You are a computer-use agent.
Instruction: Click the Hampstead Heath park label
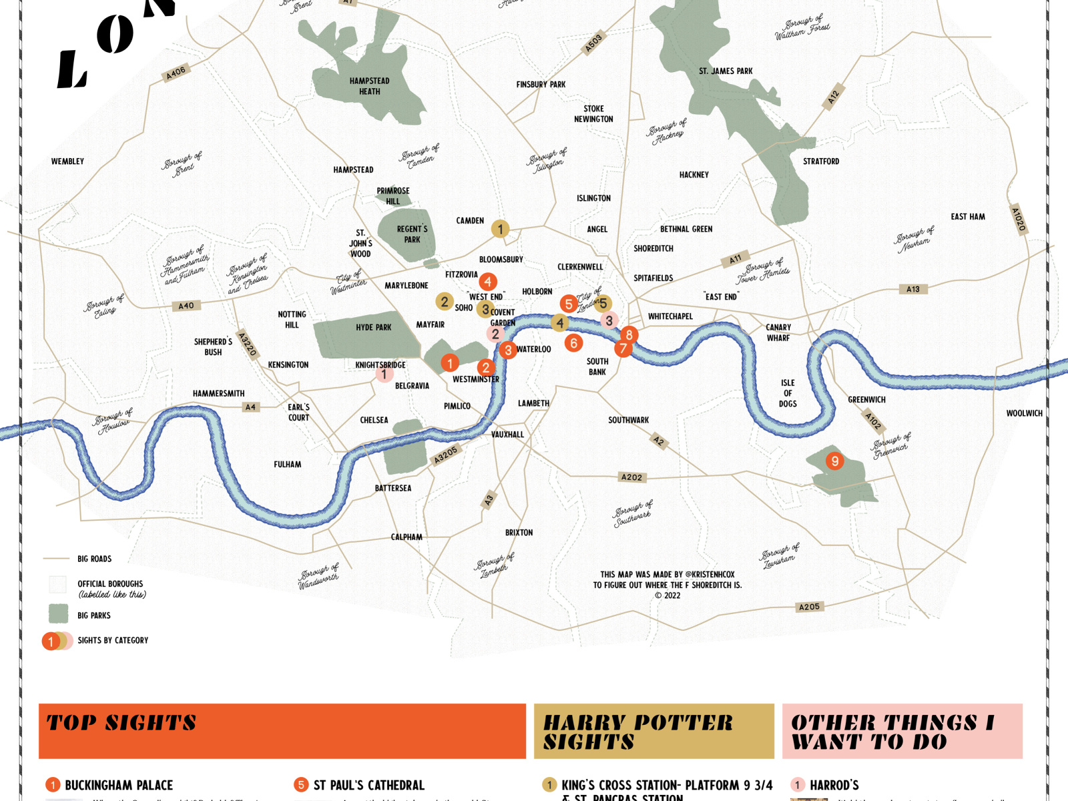(369, 86)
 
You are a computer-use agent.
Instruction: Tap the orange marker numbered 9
(834, 461)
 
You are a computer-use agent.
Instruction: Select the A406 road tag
(176, 73)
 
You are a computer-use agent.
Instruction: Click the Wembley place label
(67, 162)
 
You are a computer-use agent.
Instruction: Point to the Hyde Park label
(373, 328)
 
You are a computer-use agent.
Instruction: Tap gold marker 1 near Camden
(501, 229)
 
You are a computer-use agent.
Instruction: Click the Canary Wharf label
(778, 332)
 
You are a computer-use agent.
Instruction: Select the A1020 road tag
(1017, 219)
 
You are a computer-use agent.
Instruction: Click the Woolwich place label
(1024, 414)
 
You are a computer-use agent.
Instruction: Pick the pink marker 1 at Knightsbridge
(384, 374)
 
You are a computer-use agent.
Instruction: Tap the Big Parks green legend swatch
(59, 614)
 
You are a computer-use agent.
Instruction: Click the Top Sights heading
(121, 723)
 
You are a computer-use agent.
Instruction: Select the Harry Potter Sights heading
(637, 732)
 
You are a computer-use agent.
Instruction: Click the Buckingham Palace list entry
(118, 785)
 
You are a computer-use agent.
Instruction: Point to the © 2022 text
(667, 595)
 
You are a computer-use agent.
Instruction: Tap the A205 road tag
(809, 607)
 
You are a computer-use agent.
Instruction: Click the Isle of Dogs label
(788, 393)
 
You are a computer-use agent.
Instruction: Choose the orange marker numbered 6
(573, 343)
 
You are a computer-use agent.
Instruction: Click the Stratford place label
(821, 162)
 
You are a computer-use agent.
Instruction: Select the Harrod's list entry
(834, 785)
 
